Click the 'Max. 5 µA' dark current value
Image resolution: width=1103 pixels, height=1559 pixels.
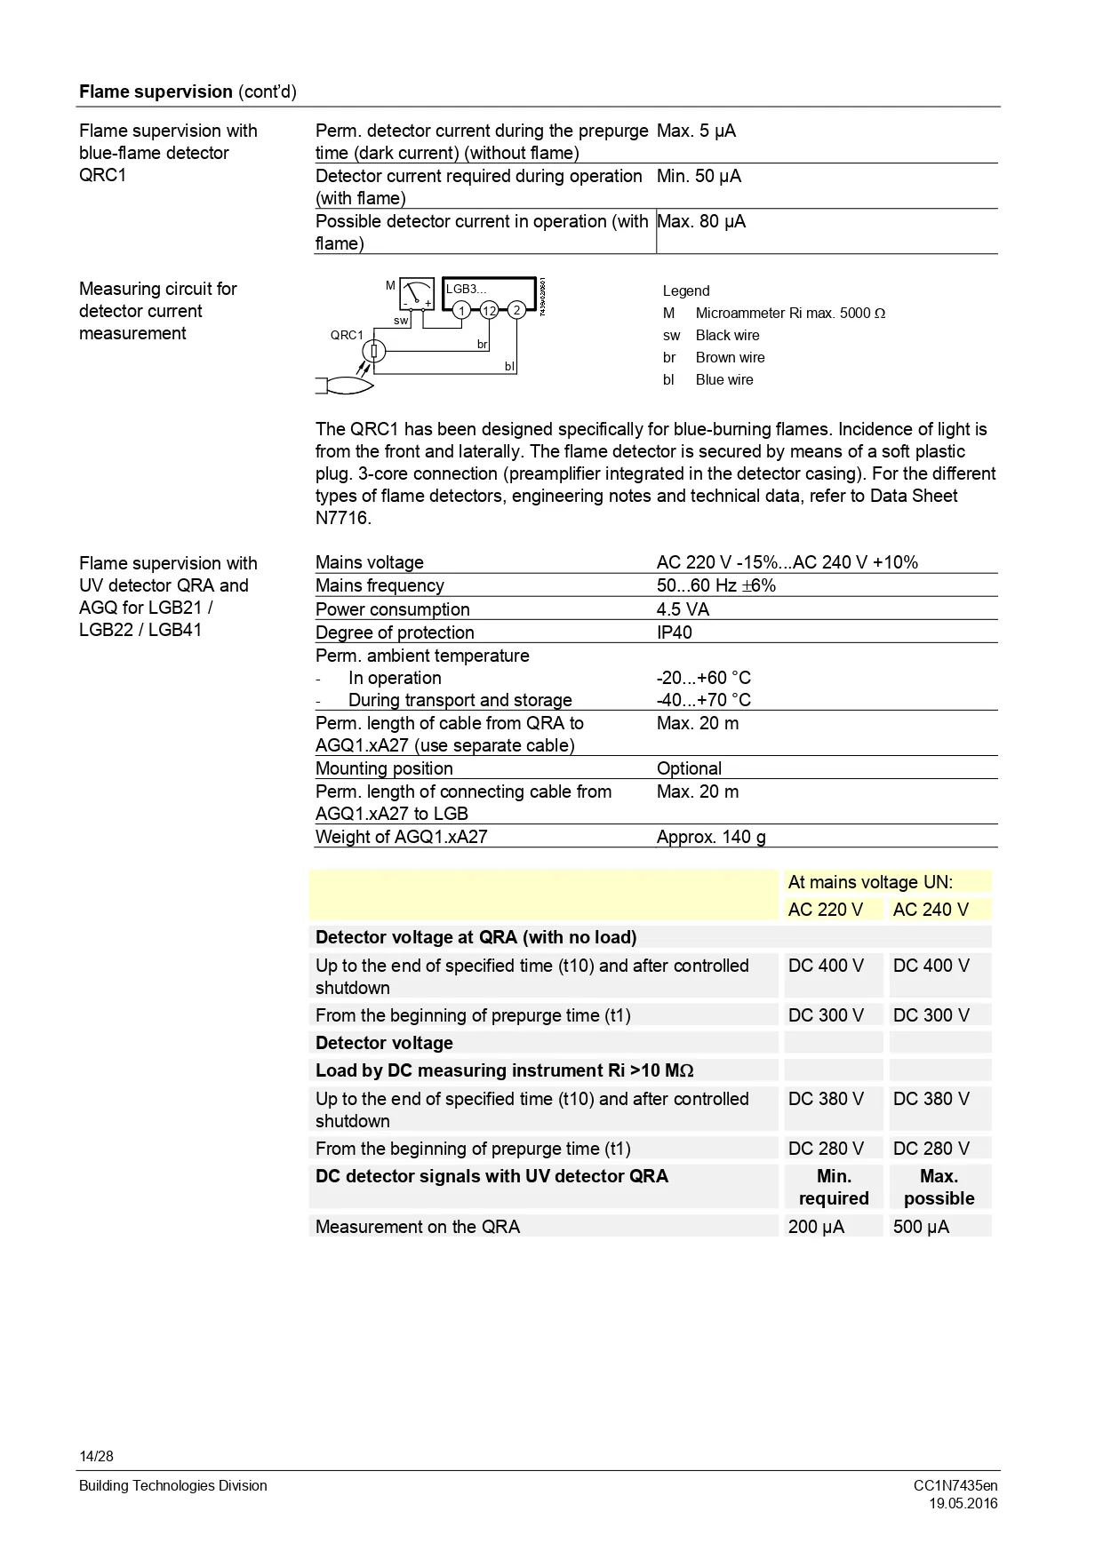pos(696,131)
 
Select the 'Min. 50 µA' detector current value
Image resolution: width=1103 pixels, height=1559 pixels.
pos(699,176)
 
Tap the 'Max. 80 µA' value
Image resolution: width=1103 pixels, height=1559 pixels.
pos(700,221)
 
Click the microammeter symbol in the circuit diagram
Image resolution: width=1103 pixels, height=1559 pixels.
pos(416,293)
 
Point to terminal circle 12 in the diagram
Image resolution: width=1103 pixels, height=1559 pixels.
pos(489,310)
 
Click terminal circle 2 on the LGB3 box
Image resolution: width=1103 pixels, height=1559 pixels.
pos(516,309)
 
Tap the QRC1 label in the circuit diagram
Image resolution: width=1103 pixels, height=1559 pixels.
pos(347,335)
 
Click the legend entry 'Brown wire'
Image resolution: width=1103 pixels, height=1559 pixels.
pos(730,357)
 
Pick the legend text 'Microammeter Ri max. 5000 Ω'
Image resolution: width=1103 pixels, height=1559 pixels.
pos(790,313)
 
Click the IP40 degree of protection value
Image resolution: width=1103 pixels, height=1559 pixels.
pos(674,632)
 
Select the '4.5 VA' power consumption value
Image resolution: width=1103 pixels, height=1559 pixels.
pos(683,609)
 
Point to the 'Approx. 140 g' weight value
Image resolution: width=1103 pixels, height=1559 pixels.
pos(711,837)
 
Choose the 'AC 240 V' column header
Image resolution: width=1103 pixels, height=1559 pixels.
pos(931,910)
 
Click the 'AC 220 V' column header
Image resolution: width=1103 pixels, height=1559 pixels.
pos(825,910)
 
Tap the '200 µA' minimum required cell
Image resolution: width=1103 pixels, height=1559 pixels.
pos(816,1227)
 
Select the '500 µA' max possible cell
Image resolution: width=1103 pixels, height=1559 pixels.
pos(921,1227)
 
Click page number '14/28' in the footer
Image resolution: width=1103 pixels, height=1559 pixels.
pos(96,1456)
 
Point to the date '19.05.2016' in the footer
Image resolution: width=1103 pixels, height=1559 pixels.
pos(963,1503)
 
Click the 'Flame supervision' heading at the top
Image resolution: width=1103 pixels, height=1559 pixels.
pos(156,91)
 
